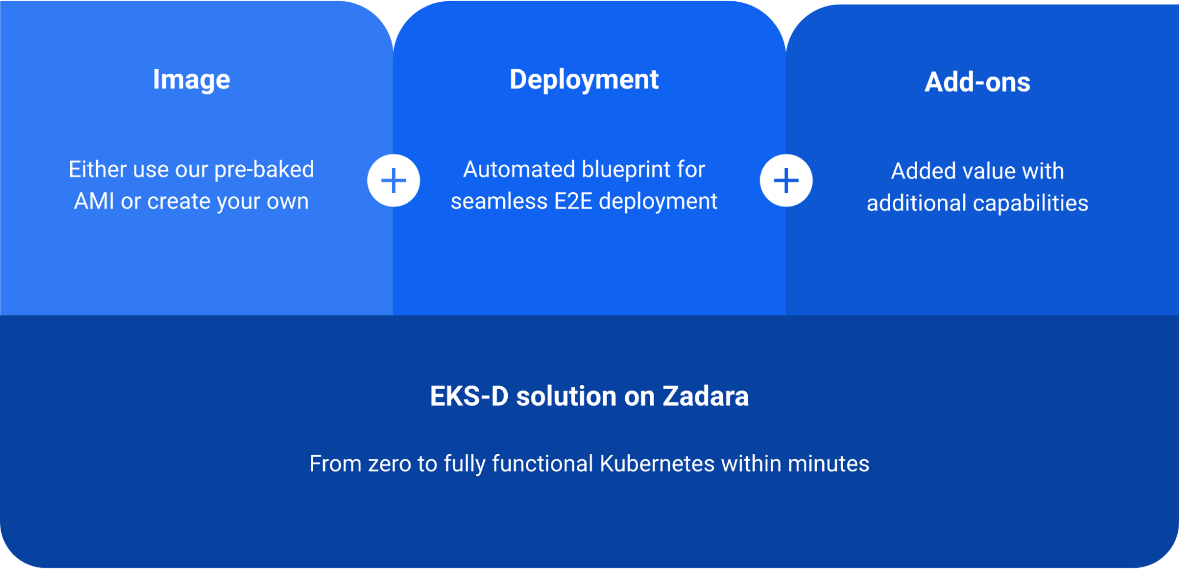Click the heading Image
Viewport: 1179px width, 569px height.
click(x=191, y=80)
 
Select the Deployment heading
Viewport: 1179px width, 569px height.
click(x=584, y=80)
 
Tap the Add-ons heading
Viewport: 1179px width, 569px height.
click(x=977, y=82)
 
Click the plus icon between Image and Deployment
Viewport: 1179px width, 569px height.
click(x=393, y=180)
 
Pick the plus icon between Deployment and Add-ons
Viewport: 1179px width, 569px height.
click(x=786, y=180)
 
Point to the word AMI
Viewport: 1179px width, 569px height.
click(x=94, y=202)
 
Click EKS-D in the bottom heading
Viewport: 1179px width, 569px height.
click(x=469, y=396)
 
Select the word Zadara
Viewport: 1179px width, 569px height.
click(x=705, y=396)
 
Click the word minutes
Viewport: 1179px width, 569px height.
click(x=828, y=464)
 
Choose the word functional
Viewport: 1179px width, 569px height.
click(x=542, y=464)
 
